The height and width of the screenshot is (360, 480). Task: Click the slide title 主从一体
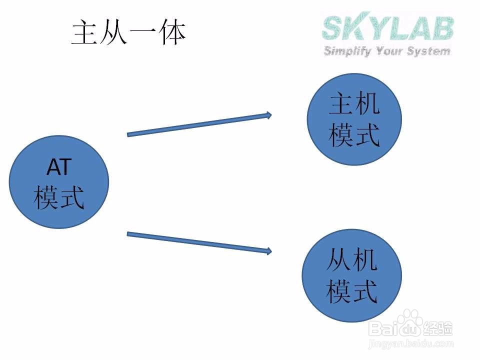click(x=128, y=33)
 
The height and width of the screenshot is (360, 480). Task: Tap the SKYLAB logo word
click(x=388, y=28)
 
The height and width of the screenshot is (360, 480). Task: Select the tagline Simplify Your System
click(x=387, y=51)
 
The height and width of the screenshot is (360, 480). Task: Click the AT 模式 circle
click(x=59, y=182)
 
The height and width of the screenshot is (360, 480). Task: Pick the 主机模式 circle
click(x=354, y=119)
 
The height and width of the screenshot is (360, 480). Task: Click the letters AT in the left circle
click(x=59, y=168)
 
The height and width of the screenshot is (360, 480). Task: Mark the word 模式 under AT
click(x=59, y=197)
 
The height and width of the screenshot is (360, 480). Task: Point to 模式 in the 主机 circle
click(x=354, y=135)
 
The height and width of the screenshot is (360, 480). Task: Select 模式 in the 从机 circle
click(x=351, y=291)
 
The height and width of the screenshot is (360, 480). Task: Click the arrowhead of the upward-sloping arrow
click(x=269, y=115)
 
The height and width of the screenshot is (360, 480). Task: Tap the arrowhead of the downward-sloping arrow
click(x=269, y=251)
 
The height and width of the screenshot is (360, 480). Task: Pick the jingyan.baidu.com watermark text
click(x=410, y=344)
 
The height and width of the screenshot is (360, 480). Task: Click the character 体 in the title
click(x=172, y=33)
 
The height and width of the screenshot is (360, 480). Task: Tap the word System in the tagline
click(x=429, y=51)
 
